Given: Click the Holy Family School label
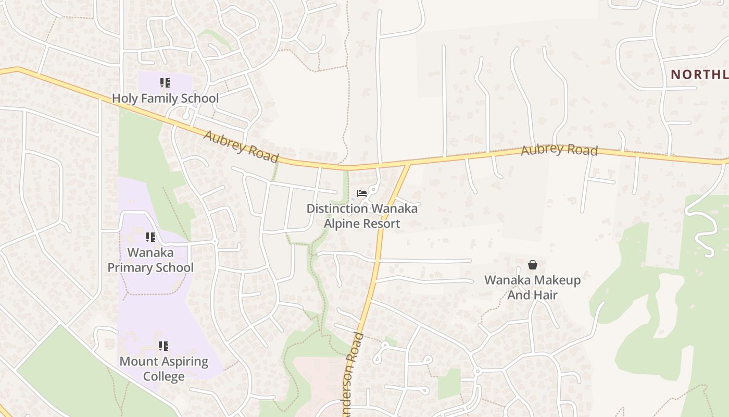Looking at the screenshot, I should (165, 98).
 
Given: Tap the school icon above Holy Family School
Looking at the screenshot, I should (165, 83).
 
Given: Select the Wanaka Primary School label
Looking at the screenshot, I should (150, 260).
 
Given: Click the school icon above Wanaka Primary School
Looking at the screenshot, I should (150, 238).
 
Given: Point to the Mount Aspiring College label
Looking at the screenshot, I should (164, 369).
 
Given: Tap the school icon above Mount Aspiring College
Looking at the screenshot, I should (164, 346).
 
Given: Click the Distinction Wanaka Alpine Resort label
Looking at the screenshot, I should (362, 216).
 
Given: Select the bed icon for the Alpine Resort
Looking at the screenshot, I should (362, 193).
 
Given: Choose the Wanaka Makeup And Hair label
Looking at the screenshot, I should (532, 287).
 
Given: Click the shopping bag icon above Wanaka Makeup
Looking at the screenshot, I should (532, 265).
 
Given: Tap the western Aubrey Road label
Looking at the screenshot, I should (241, 146).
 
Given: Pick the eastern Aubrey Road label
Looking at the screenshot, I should (559, 150).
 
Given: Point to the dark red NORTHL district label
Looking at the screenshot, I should (699, 75).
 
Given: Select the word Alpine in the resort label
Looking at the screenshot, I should (342, 224).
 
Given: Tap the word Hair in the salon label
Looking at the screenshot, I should (546, 295).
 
